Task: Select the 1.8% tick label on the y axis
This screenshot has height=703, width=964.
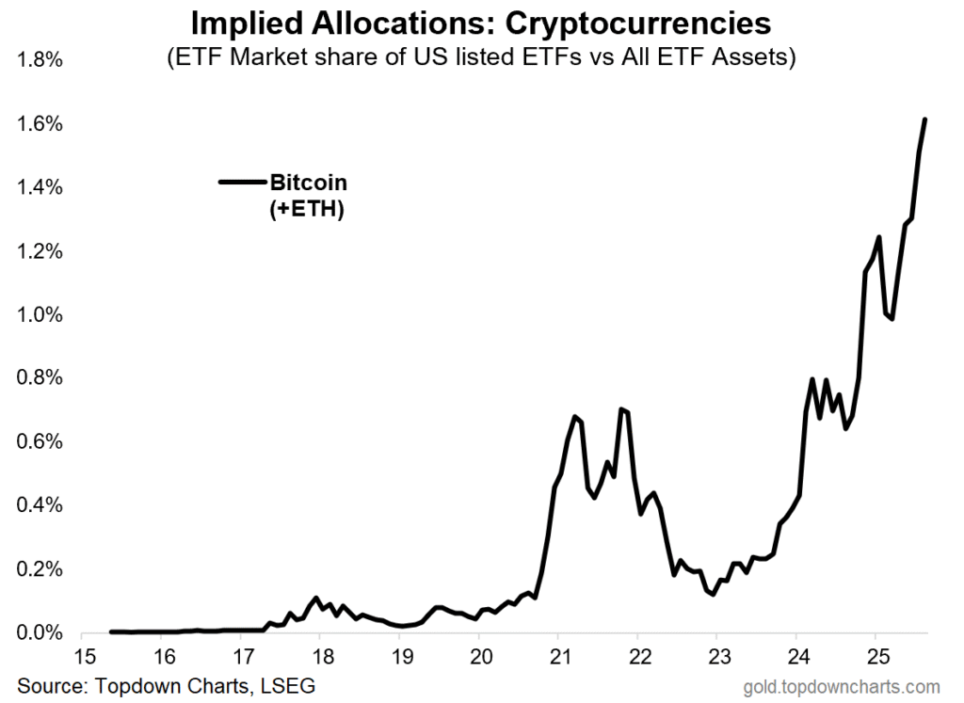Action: coord(40,60)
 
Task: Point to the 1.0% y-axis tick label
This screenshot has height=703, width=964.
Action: coord(40,314)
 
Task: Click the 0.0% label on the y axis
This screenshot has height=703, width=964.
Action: coord(40,633)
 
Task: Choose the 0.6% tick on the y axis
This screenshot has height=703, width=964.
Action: coord(40,441)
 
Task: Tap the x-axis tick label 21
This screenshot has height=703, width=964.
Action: coord(558,656)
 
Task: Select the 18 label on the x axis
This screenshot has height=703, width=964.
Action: coord(320,656)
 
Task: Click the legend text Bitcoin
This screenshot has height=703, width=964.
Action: coord(308,183)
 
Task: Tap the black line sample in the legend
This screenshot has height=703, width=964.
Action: coord(242,183)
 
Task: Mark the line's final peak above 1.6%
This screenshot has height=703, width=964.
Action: coord(924,120)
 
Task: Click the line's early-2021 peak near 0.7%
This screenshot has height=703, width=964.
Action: coord(574,416)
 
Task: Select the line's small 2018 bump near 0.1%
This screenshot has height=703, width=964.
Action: coord(316,598)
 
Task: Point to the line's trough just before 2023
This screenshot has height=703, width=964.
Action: coord(714,594)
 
